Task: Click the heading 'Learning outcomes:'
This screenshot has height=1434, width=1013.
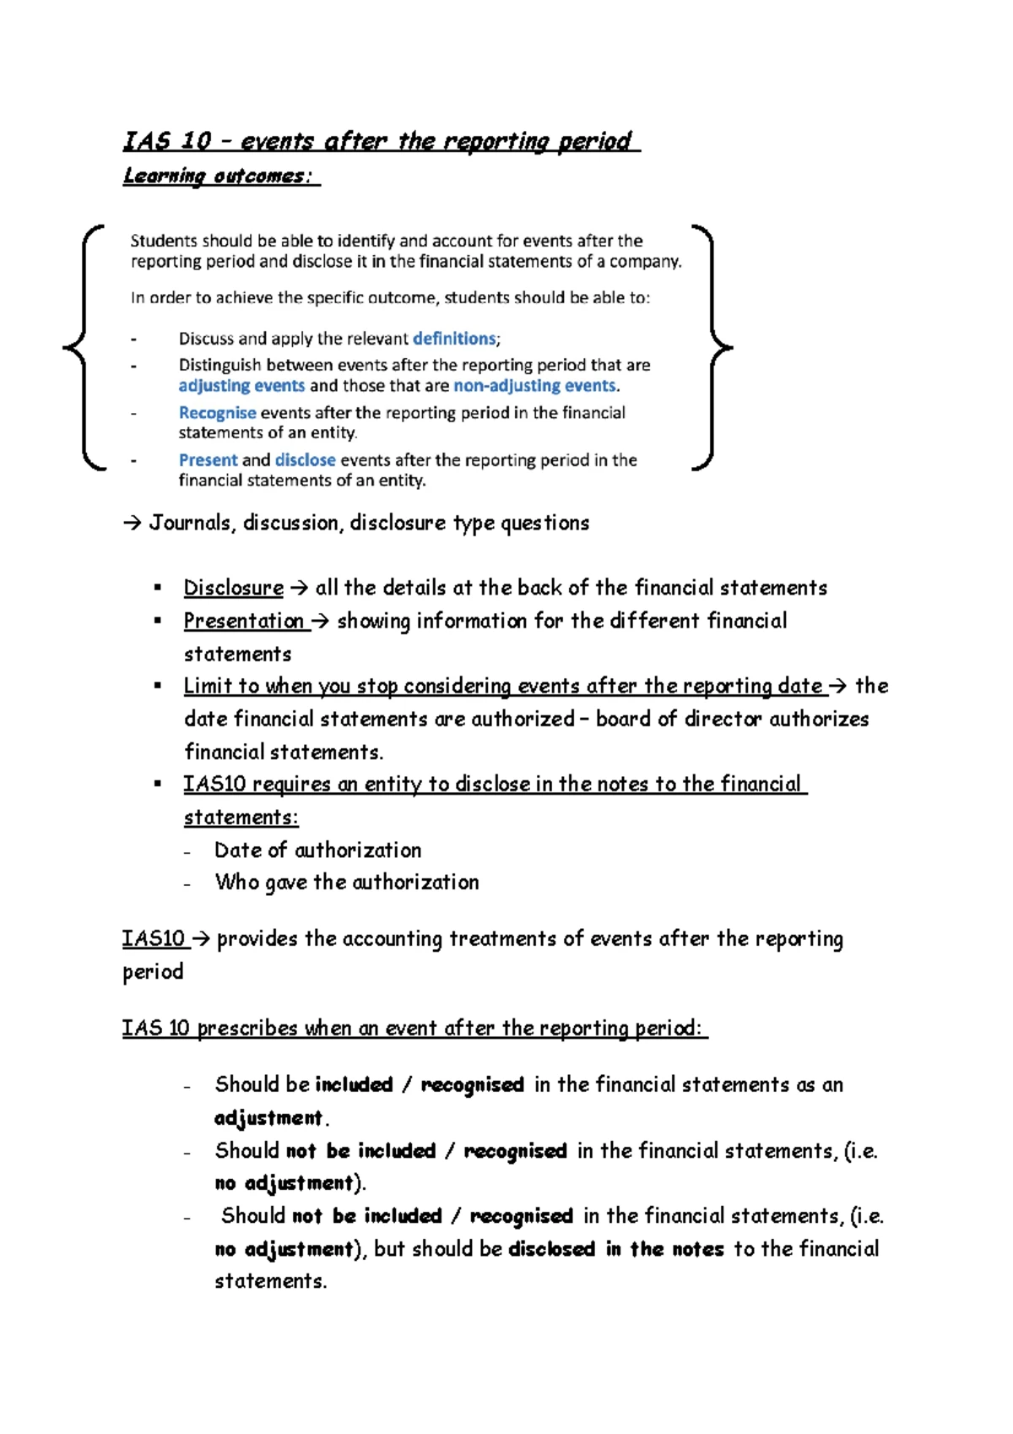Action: [x=220, y=177]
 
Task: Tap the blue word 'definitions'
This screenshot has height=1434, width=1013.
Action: [x=454, y=339]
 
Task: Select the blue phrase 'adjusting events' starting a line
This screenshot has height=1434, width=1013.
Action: [x=241, y=386]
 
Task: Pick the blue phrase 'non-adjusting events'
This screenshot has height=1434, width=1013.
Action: [x=534, y=386]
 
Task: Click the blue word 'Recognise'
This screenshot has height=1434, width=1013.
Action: [x=217, y=413]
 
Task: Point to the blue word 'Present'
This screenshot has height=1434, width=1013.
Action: [x=208, y=460]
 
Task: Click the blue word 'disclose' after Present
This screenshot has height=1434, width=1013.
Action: [x=305, y=460]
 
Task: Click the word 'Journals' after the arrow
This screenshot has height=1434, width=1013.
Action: [x=190, y=523]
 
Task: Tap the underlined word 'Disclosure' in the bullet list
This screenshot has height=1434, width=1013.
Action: [x=234, y=588]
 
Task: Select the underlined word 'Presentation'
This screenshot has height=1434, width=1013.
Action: [x=244, y=621]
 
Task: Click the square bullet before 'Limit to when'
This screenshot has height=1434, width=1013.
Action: [x=157, y=686]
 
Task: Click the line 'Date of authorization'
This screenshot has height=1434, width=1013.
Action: [x=317, y=850]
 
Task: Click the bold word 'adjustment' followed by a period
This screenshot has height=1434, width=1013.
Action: [x=268, y=1118]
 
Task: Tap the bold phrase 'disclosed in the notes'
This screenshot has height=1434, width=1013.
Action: [x=615, y=1249]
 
